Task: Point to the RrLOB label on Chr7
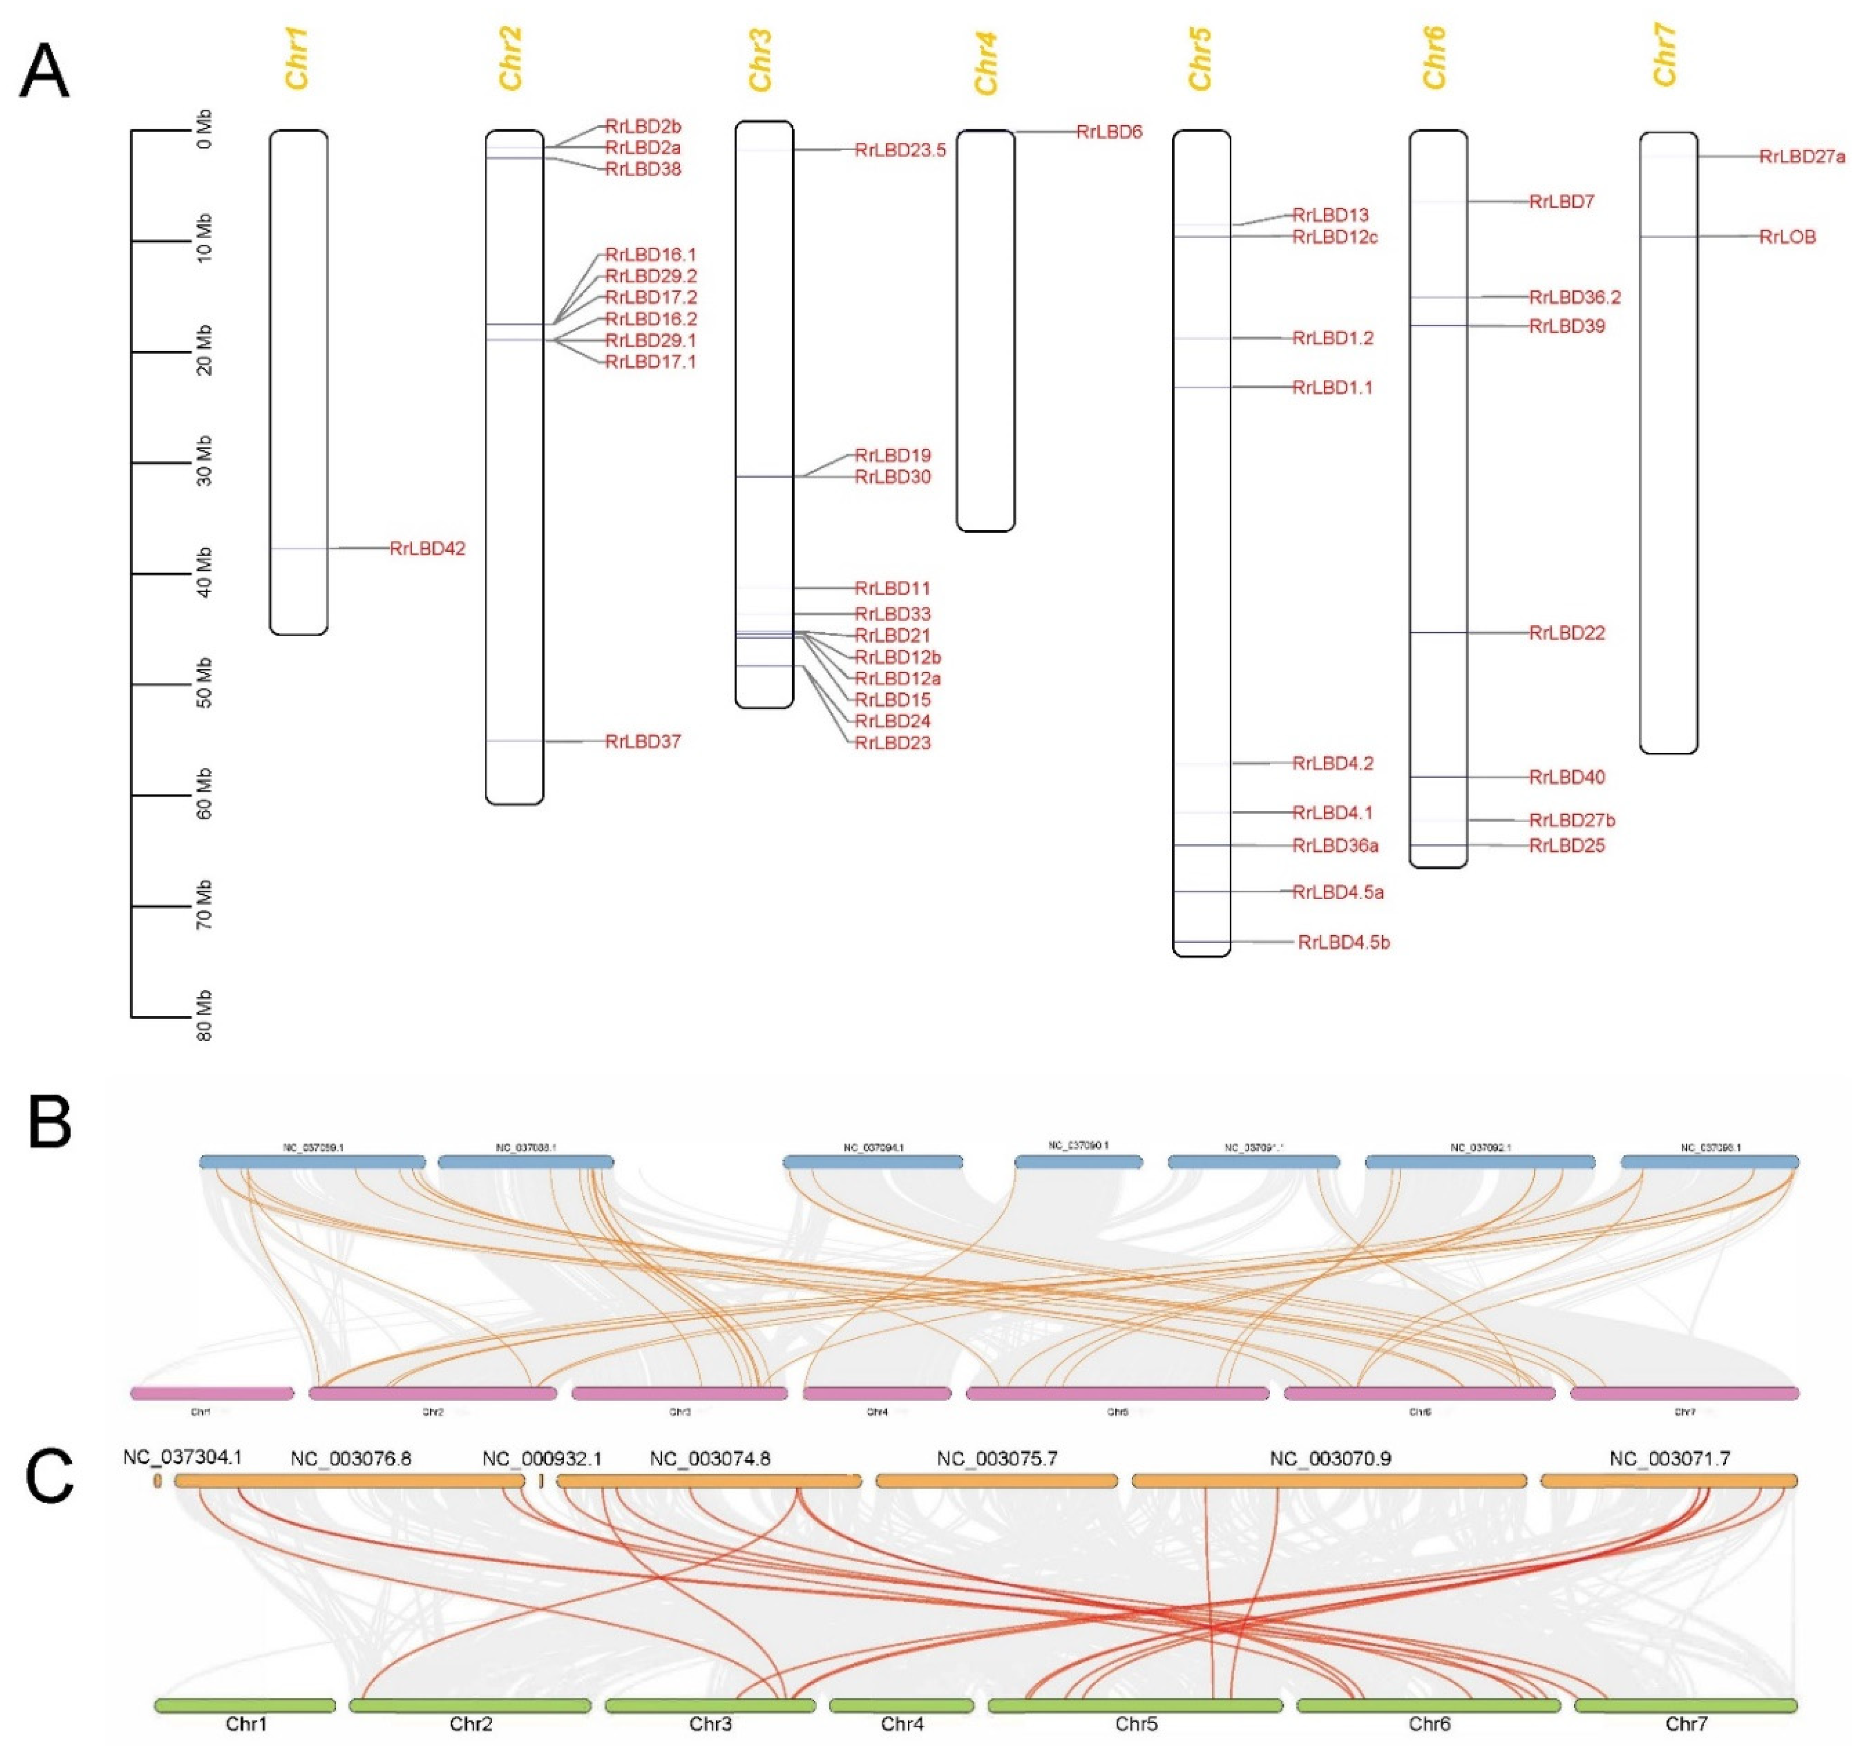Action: [1787, 237]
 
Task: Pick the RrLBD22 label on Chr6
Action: [1566, 633]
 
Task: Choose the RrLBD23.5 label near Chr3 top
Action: [899, 150]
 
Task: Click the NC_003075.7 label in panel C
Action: [997, 1459]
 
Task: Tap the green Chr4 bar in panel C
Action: [901, 1706]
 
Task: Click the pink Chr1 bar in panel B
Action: [213, 1393]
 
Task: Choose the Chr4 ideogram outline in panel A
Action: [985, 330]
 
